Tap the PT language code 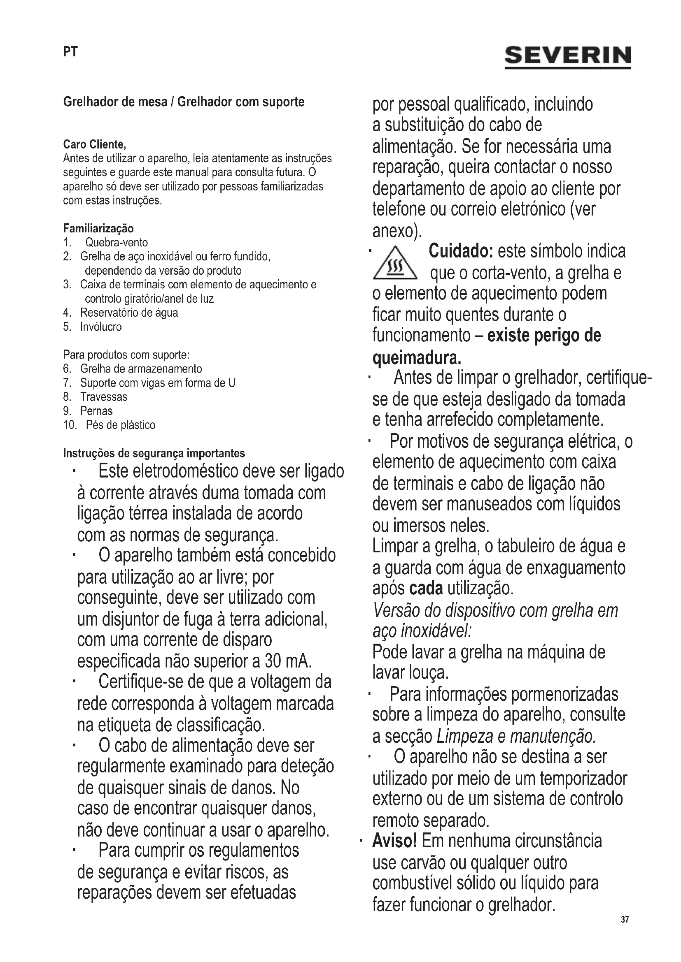coord(70,52)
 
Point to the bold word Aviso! coord(394,841)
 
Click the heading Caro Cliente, coord(94,144)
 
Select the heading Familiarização coord(98,228)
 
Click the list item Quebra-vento coord(116,243)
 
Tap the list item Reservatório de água coord(129,313)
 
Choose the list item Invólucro coord(100,327)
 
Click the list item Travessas coord(104,397)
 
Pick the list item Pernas coord(96,411)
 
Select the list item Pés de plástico coord(120,425)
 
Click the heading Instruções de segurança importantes coord(154,453)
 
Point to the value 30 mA coord(288,662)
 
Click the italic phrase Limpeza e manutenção coord(516,736)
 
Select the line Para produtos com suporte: coord(126,355)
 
